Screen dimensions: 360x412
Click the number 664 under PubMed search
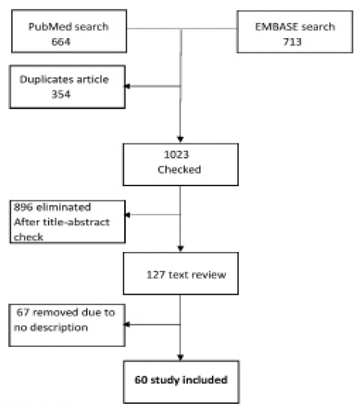click(61, 42)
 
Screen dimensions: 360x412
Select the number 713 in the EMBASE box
click(292, 42)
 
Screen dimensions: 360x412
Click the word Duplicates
click(46, 79)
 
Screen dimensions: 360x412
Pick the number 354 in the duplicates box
click(61, 94)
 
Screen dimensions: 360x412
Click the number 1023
click(177, 155)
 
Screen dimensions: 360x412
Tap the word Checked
click(180, 170)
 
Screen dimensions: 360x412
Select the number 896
click(23, 207)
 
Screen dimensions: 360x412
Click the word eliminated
click(64, 207)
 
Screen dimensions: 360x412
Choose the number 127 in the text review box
click(156, 275)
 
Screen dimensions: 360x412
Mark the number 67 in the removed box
click(22, 313)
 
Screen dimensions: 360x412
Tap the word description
click(59, 328)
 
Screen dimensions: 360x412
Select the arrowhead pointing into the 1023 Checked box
click(180, 139)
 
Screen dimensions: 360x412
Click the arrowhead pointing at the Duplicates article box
click(127, 86)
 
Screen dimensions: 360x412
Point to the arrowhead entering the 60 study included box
click(180, 357)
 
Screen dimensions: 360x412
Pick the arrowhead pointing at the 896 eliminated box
click(127, 215)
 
